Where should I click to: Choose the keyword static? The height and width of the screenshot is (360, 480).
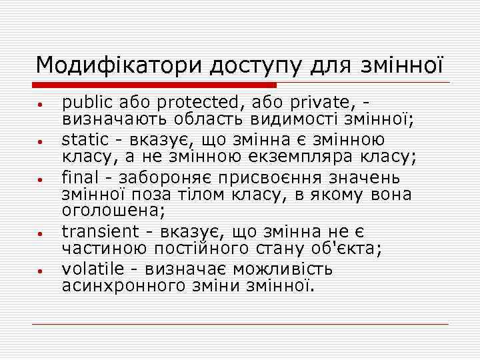pyautogui.click(x=85, y=140)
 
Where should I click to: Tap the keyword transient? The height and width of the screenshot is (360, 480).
pyautogui.click(x=101, y=231)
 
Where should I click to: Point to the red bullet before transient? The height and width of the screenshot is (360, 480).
pyautogui.click(x=41, y=234)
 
